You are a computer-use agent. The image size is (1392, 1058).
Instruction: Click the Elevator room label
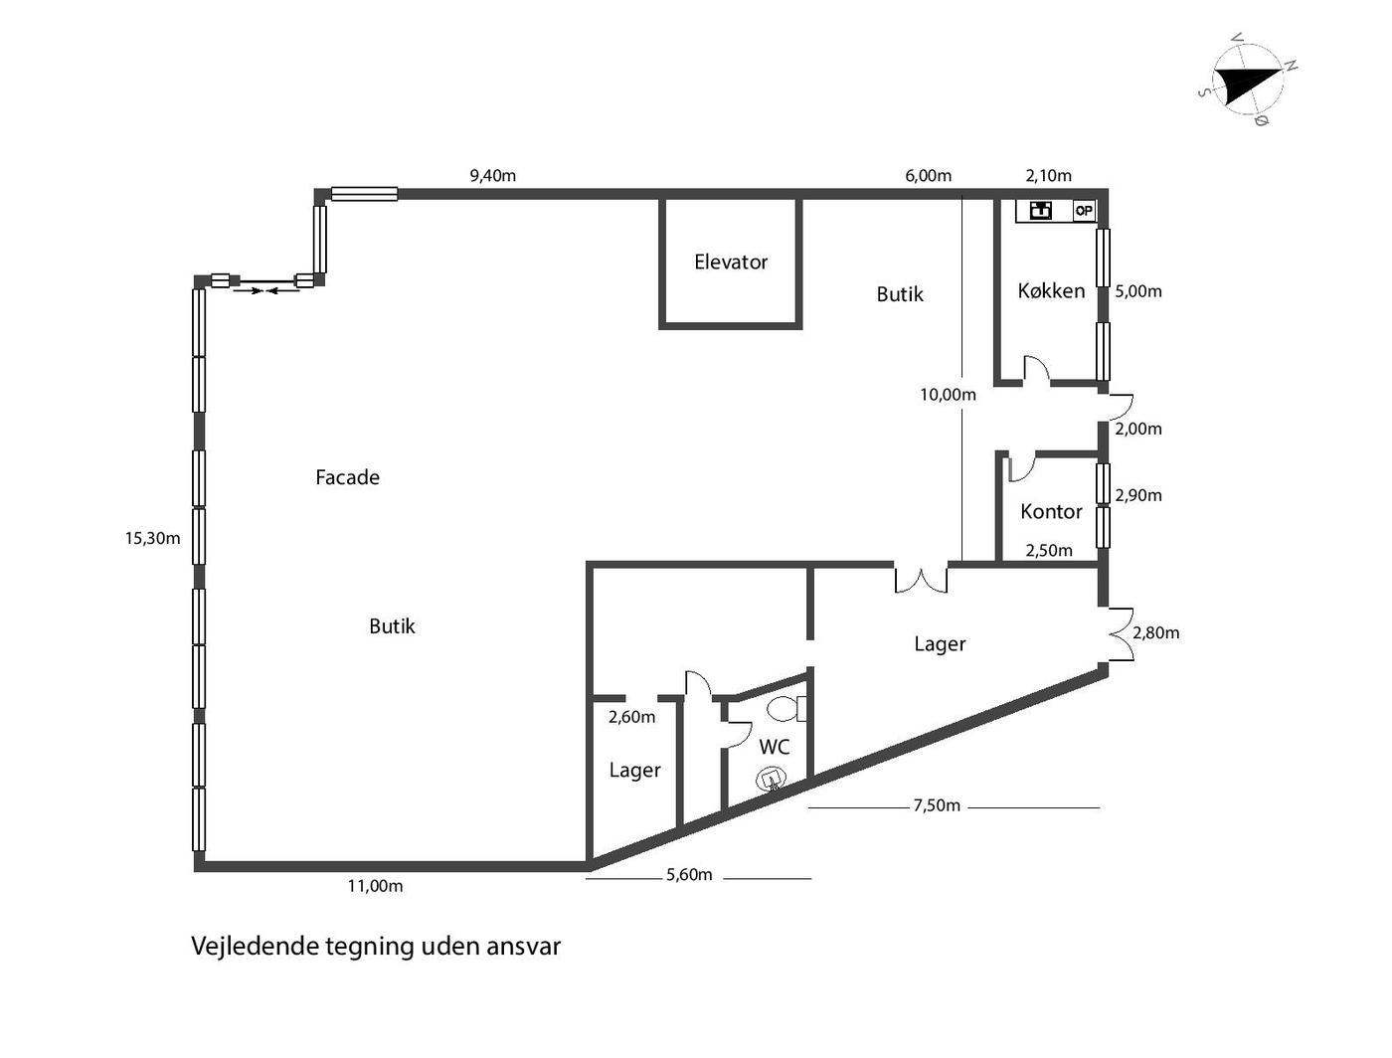731,262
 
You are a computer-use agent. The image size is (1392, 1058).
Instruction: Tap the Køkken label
1051,291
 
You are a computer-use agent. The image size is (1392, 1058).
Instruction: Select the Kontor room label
1051,511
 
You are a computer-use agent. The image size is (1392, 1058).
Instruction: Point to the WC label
775,747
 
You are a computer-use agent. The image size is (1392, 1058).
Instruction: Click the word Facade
348,477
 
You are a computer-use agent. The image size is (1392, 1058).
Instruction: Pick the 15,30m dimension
152,538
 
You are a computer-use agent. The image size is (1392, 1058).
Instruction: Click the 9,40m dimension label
493,176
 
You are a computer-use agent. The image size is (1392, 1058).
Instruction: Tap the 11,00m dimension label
375,886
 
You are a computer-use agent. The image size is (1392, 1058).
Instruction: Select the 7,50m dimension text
937,805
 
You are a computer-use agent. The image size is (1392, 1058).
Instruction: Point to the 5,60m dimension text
689,875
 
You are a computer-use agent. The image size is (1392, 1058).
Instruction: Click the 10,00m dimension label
949,395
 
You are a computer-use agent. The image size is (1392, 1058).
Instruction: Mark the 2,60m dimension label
631,717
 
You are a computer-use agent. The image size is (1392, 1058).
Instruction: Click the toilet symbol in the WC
786,709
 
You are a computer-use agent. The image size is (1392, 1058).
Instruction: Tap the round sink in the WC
772,779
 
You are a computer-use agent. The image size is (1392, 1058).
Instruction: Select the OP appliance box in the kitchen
1084,211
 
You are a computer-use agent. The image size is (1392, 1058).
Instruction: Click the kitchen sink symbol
1041,211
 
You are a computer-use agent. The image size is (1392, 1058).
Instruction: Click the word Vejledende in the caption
255,947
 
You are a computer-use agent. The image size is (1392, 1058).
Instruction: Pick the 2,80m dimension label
1156,632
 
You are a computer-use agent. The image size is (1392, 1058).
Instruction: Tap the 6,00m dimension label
928,176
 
